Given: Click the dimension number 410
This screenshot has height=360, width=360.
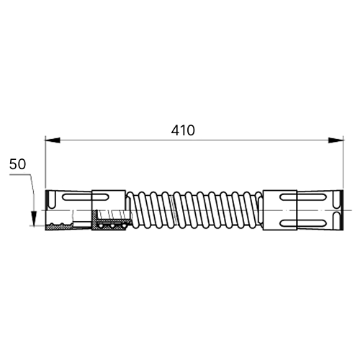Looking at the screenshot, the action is (x=183, y=130).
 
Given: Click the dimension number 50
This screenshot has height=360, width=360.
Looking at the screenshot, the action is (x=17, y=164).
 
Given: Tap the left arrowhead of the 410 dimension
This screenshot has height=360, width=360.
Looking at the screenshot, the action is (x=53, y=140).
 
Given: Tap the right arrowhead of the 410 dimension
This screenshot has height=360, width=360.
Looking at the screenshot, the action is (x=336, y=140).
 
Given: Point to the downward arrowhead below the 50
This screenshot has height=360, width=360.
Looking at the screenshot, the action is (x=34, y=218).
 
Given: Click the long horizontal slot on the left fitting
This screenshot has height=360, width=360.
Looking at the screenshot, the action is (x=86, y=197).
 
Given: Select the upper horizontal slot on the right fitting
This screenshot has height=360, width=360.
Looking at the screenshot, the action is (x=303, y=197).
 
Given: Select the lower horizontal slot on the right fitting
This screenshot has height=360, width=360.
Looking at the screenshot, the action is (x=303, y=223).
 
